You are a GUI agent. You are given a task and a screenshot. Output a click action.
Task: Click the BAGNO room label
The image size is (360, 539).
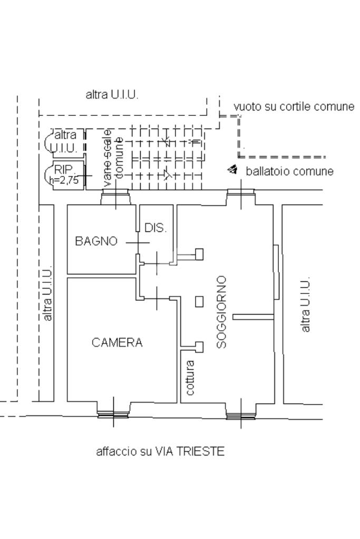pyautogui.click(x=96, y=241)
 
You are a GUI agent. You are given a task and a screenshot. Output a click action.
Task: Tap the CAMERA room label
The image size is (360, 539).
pyautogui.click(x=117, y=342)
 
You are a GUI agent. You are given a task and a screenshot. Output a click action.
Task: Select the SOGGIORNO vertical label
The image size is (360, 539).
pyautogui.click(x=222, y=311)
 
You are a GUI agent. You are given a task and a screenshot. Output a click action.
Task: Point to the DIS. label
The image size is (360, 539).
pyautogui.click(x=155, y=228)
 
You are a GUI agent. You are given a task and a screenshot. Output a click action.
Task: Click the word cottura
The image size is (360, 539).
pyautogui.click(x=190, y=378)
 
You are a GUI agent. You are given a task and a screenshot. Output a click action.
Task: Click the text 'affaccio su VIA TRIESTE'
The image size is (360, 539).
pyautogui.click(x=160, y=452)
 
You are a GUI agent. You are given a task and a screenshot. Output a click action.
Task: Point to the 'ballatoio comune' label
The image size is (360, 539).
pyautogui.click(x=289, y=171)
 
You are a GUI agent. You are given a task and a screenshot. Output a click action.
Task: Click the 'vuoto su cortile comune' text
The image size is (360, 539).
pyautogui.click(x=294, y=106)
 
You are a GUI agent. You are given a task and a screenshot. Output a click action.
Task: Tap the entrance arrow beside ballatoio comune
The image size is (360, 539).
pyautogui.click(x=232, y=169)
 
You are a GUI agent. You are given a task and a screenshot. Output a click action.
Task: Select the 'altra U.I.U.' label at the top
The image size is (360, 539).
pyautogui.click(x=112, y=95)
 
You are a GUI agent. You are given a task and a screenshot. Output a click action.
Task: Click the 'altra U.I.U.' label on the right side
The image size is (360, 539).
pyautogui.click(x=306, y=305)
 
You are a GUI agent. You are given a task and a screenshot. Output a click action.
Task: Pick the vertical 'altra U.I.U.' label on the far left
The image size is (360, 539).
pyautogui.click(x=48, y=293)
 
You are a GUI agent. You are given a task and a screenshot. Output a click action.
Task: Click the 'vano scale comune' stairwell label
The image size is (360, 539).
pyautogui.click(x=114, y=158)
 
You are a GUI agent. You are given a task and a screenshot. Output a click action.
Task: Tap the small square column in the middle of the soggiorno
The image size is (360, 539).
pyautogui.click(x=199, y=301)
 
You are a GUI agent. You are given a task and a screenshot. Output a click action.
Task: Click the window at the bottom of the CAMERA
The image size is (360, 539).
pyautogui.click(x=113, y=415)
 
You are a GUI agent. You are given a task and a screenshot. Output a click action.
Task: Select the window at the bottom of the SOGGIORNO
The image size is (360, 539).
pyautogui.click(x=241, y=415)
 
